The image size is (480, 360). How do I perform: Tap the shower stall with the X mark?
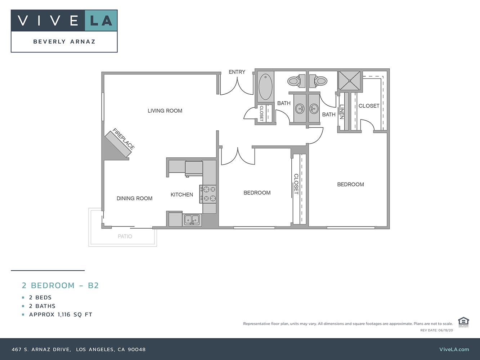pos(349,81)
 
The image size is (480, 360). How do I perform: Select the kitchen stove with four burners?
pos(208,194)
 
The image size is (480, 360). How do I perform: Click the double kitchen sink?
pos(192,219)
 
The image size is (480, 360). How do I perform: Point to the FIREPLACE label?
pos(124,139)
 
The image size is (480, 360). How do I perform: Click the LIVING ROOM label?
pos(165,111)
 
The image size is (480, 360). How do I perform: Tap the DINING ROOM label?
pos(134,198)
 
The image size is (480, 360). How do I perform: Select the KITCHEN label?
pos(182,195)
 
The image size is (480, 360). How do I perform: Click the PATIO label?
pos(125,237)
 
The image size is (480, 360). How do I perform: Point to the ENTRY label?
pos(237,72)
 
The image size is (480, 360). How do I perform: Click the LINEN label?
pos(342,112)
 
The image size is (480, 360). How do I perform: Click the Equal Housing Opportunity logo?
pos(463,322)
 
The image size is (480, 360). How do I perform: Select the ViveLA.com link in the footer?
pos(454,349)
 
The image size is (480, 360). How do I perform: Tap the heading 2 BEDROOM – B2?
pos(60,285)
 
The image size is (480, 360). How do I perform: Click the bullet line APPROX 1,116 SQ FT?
pos(60,315)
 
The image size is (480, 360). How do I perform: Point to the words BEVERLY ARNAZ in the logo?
pos(64,42)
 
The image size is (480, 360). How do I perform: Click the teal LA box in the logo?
pos(101,21)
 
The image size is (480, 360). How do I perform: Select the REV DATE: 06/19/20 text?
pos(436,330)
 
